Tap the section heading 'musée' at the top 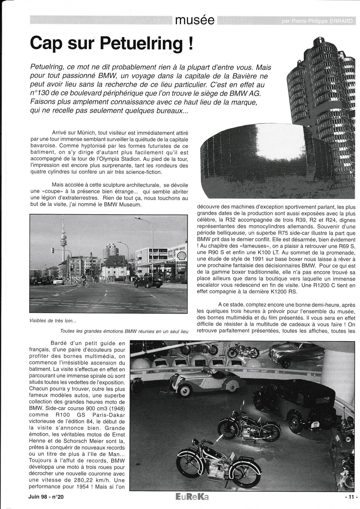tap(195, 20)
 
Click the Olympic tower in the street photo tap(63, 236)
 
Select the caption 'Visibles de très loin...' tap(53, 321)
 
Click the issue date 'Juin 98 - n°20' tap(46, 497)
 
